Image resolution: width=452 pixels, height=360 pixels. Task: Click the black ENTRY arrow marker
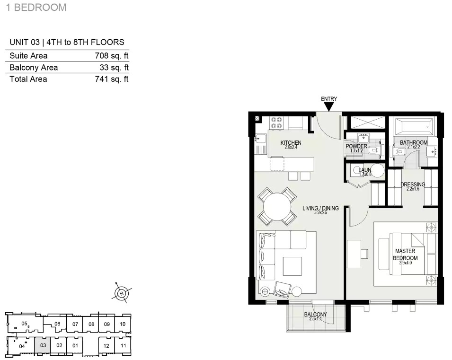pos(328,107)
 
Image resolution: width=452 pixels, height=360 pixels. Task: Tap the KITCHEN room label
pos(291,143)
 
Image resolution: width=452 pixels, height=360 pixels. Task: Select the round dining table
pos(277,207)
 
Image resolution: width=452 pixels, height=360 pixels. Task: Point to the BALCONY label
pos(315,315)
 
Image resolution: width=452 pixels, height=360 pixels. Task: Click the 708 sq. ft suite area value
pos(112,56)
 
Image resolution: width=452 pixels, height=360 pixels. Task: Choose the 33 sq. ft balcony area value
pos(114,68)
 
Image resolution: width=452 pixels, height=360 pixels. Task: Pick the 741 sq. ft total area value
pos(112,79)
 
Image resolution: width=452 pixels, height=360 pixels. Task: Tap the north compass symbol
pos(122,293)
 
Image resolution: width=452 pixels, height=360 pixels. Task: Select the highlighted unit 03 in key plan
pos(43,345)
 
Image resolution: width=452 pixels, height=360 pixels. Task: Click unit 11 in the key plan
pos(123,346)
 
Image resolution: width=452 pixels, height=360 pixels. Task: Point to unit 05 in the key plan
pos(25,324)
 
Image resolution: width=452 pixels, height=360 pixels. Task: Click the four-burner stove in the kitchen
pos(276,123)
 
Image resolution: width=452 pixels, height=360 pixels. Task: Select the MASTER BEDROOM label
pos(405,255)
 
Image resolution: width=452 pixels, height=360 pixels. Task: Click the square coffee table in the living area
pos(292,266)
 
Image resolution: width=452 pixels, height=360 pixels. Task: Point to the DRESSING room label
pos(413,184)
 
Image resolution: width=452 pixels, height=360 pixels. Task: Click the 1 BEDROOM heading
pos(36,7)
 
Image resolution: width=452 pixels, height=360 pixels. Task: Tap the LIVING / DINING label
pos(320,208)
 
